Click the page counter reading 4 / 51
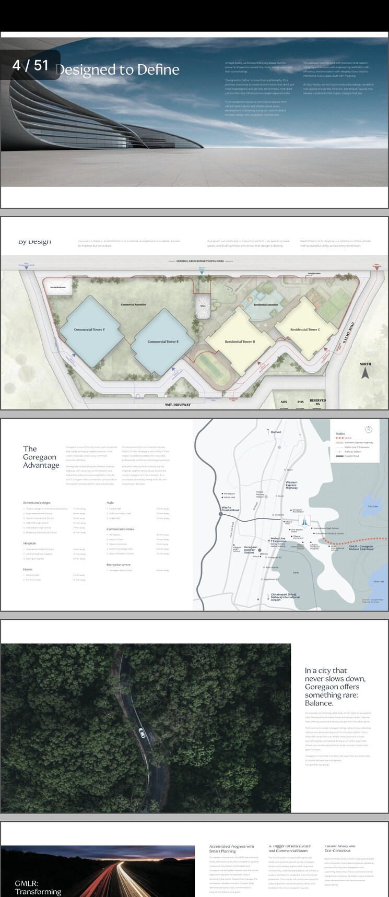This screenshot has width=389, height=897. [30, 65]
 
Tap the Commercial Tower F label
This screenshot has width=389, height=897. [89, 330]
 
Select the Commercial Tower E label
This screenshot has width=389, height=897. [163, 341]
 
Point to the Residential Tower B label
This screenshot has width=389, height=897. [240, 341]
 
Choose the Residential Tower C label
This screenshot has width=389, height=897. [305, 329]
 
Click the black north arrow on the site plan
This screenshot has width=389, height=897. [366, 373]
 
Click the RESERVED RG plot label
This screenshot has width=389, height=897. [317, 402]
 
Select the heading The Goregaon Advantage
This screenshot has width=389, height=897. [41, 457]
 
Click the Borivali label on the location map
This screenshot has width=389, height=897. [275, 432]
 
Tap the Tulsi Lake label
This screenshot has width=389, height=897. [372, 506]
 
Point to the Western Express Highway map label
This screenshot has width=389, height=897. [291, 485]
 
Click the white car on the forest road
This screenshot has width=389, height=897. [142, 734]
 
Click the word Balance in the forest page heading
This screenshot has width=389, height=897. [319, 703]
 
